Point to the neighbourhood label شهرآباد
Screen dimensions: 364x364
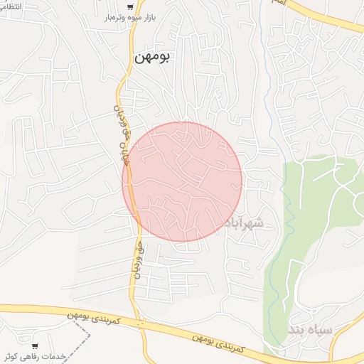244,223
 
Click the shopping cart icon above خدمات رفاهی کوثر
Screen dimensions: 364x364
35,346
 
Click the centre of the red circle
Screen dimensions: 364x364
182,181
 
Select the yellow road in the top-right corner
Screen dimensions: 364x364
334,18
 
